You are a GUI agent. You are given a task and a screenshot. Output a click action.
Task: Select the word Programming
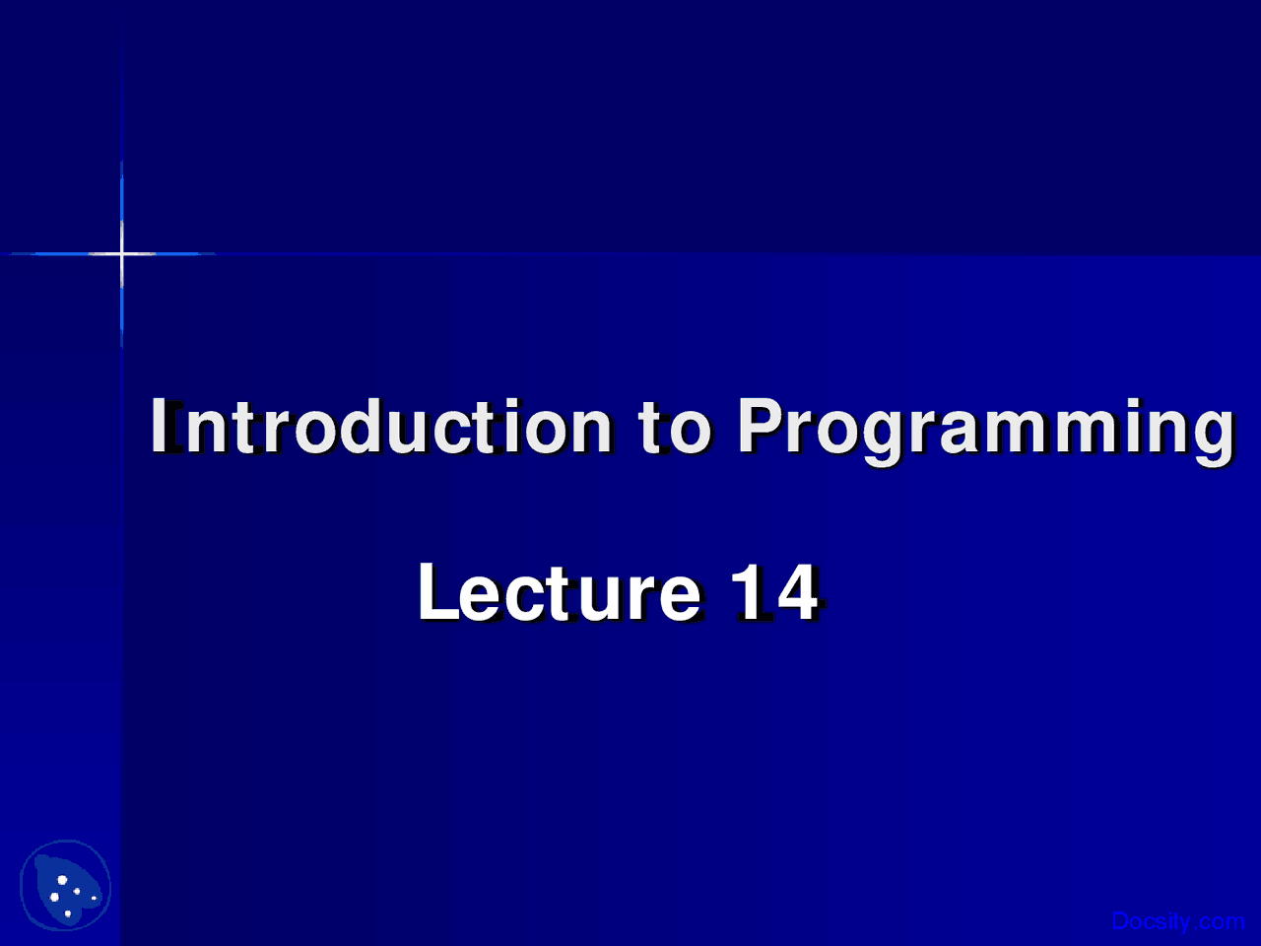(x=986, y=432)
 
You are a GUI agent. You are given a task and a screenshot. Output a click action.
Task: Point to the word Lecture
(x=560, y=591)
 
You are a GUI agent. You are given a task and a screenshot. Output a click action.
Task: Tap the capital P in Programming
(x=760, y=425)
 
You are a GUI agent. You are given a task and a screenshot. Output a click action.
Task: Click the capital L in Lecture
(x=439, y=592)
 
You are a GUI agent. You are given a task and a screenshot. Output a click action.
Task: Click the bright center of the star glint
(x=121, y=253)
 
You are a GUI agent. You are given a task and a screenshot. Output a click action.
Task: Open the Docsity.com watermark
(x=1178, y=921)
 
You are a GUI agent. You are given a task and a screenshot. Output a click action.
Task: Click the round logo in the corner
(x=65, y=885)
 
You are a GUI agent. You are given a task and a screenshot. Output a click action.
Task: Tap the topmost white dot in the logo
(x=62, y=880)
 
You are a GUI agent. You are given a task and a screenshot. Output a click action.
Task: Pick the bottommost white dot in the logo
(x=68, y=913)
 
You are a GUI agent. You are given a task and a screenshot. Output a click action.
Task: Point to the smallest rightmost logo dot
(x=95, y=898)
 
